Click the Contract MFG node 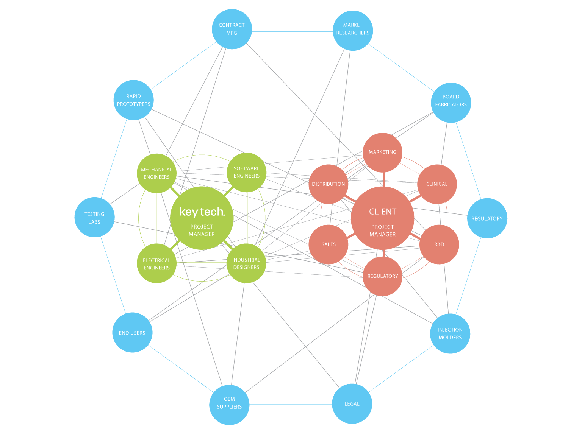[x=232, y=29]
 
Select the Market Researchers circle [x=352, y=30]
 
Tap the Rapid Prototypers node [x=133, y=100]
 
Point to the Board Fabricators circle [x=451, y=103]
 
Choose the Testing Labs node [x=94, y=217]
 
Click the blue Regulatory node [x=487, y=218]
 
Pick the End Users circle [x=132, y=332]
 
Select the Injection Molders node [x=450, y=333]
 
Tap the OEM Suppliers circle [x=229, y=405]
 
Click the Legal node [x=352, y=404]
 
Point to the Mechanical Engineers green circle [x=156, y=173]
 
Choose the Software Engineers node [x=247, y=172]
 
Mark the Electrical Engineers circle [x=156, y=263]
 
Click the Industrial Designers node [x=246, y=263]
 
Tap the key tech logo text [x=202, y=212]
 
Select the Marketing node [x=382, y=152]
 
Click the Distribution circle [x=328, y=184]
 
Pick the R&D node [x=439, y=244]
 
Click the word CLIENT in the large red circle [x=383, y=212]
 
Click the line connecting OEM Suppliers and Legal [x=291, y=405]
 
